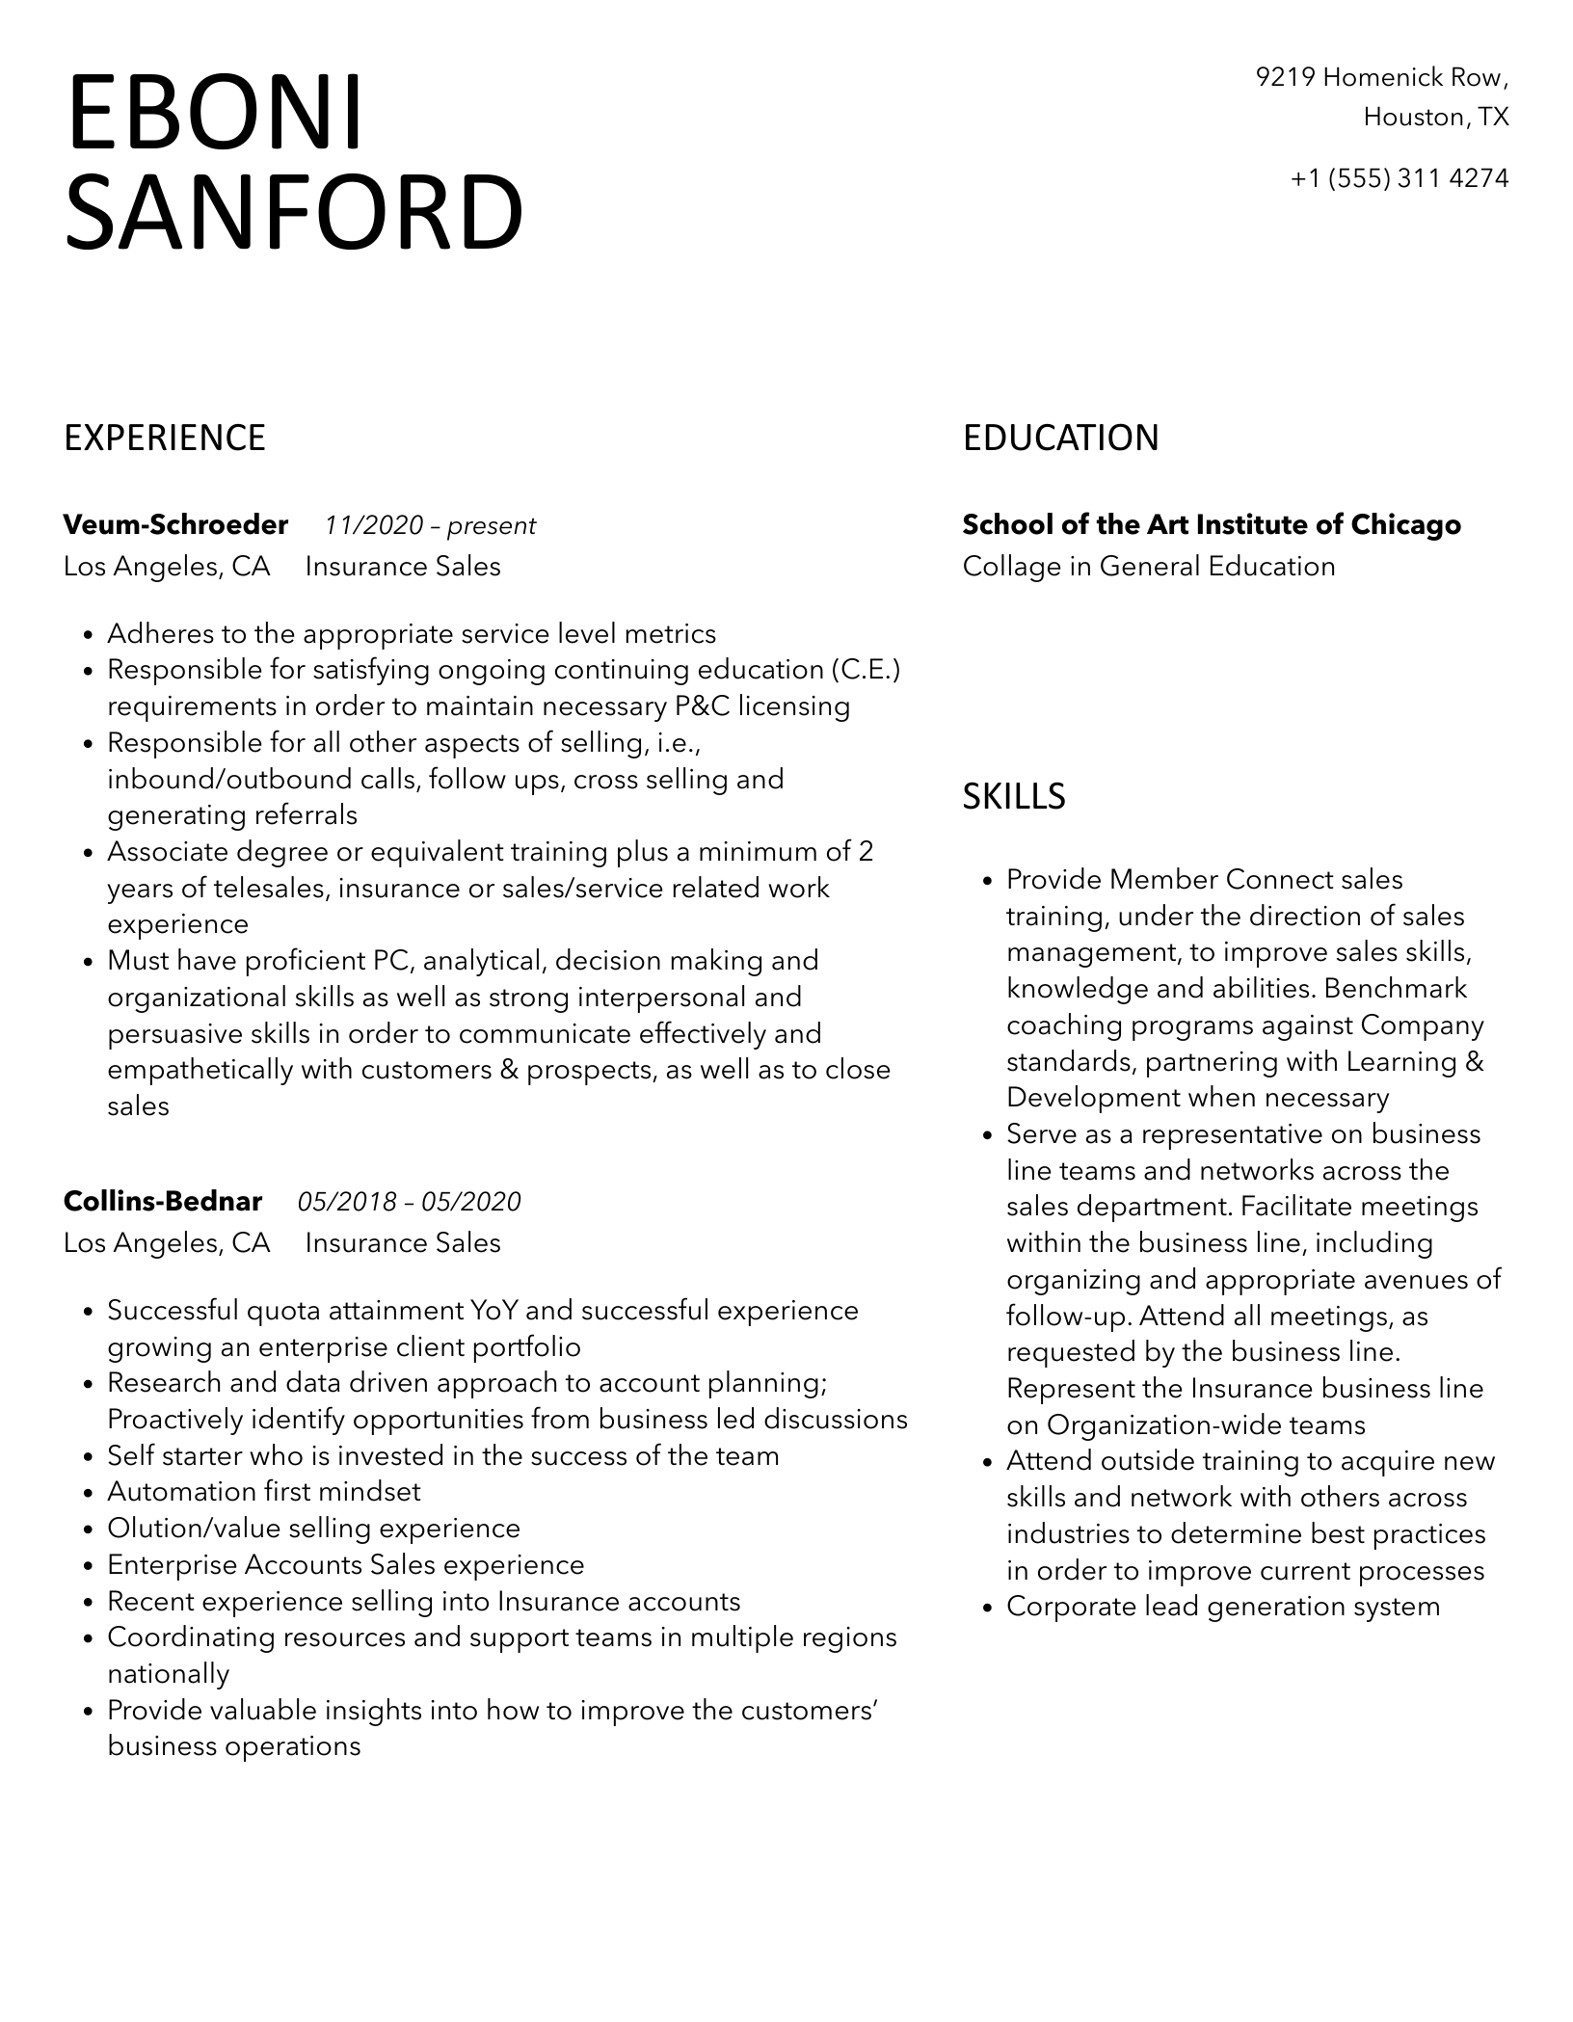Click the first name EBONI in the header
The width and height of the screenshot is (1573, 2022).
[x=215, y=113]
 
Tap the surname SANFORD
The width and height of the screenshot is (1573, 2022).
[x=294, y=212]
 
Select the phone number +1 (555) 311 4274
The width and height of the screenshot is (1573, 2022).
[x=1400, y=178]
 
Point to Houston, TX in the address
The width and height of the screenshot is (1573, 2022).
[x=1435, y=118]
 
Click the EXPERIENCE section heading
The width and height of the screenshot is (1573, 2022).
[x=165, y=438]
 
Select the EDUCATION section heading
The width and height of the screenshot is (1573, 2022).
[x=1060, y=438]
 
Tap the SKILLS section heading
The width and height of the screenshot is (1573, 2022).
[x=1014, y=796]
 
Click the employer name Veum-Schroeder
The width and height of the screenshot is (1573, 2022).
[x=175, y=524]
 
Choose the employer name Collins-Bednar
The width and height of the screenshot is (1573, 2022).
[x=163, y=1201]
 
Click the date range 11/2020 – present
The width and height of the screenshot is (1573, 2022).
[x=430, y=525]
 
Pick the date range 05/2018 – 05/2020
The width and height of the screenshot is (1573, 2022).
[x=409, y=1202]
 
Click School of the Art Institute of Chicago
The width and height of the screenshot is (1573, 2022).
[x=1212, y=524]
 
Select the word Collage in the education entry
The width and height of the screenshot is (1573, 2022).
[x=1012, y=566]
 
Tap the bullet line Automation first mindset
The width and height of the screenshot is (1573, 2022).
[x=264, y=1492]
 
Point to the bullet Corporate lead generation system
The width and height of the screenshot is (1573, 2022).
[x=1223, y=1607]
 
